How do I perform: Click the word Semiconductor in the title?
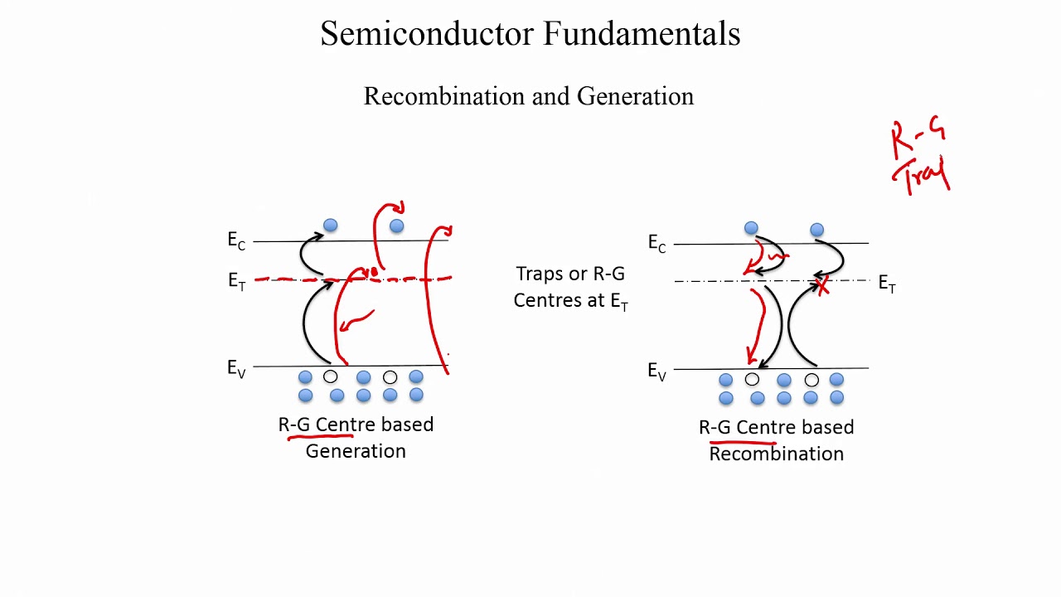tap(428, 34)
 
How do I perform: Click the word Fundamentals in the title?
tap(642, 34)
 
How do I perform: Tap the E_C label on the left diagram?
tap(236, 240)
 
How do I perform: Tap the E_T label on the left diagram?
tap(236, 281)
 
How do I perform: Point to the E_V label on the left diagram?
tap(236, 368)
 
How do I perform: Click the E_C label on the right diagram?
tap(656, 243)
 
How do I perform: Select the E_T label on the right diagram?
tap(886, 284)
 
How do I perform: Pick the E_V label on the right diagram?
tap(656, 371)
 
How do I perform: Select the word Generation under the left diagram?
tap(356, 451)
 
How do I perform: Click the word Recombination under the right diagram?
tap(776, 454)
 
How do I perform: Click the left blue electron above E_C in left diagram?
tap(331, 226)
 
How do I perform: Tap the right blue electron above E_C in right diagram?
tap(817, 230)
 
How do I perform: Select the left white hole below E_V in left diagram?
tap(331, 377)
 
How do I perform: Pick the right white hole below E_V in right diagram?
tap(811, 380)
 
